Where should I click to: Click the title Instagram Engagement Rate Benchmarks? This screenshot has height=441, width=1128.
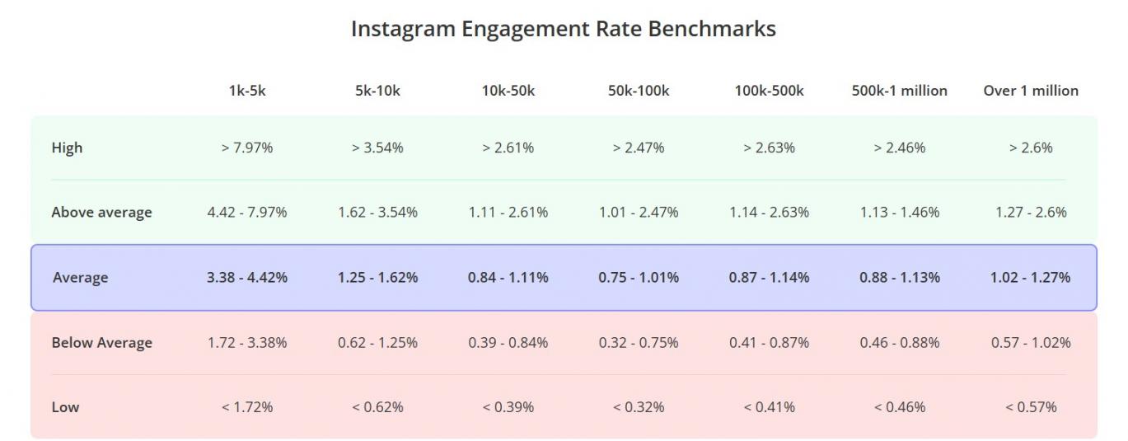pos(563,29)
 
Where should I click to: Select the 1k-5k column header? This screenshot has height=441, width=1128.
pos(247,91)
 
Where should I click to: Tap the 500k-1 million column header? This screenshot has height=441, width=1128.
pos(899,91)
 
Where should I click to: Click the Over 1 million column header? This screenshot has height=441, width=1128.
pos(1030,91)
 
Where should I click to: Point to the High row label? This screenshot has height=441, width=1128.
pos(67,148)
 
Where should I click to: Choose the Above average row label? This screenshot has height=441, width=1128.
pos(101,213)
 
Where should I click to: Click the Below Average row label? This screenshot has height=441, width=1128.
pos(101,343)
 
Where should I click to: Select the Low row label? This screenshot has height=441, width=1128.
pos(65,407)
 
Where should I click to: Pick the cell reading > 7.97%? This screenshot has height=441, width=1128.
pos(247,148)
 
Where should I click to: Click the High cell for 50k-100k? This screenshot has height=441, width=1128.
pos(639,148)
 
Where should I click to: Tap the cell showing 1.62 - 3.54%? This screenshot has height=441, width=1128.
pos(377,213)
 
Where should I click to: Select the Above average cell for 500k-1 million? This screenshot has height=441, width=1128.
pos(899,213)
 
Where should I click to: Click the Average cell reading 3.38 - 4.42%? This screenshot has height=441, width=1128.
pos(247,278)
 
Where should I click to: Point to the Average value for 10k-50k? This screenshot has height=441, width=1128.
pos(508,278)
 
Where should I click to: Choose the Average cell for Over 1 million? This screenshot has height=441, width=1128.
pos(1030,278)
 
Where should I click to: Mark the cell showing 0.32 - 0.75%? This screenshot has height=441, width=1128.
pos(639,343)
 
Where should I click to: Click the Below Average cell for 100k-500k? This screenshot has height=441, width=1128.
pos(769,343)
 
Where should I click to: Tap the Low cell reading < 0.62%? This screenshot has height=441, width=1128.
pos(377,407)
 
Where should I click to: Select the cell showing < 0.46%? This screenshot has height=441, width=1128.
pos(899,407)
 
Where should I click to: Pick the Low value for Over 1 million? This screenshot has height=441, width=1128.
pos(1030,407)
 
